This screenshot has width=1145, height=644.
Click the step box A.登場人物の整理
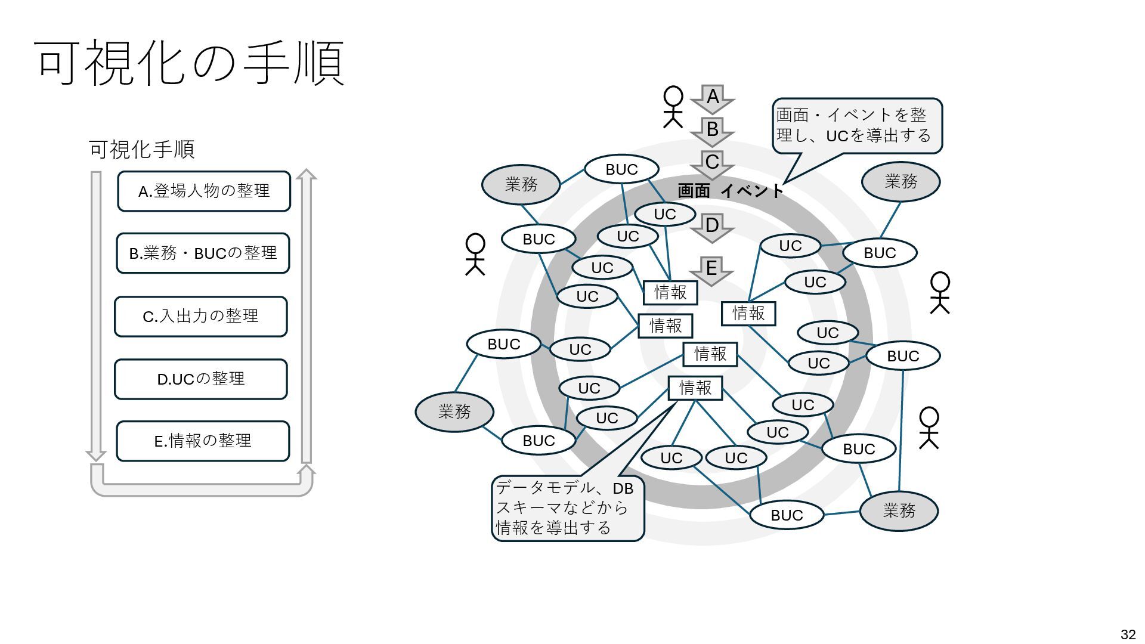coord(204,191)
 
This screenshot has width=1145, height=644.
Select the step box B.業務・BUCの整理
coord(203,253)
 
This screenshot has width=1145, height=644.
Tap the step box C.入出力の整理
coord(200,316)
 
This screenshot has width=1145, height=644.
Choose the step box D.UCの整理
coord(200,379)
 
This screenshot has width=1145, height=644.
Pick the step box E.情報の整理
coord(203,441)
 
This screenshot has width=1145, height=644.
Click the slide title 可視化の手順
coord(190,63)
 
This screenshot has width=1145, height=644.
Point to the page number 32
coord(1128,634)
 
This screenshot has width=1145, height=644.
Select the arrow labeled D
coord(712,227)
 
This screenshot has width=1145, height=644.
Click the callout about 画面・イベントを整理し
coord(856,126)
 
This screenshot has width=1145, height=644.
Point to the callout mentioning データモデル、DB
coord(567,508)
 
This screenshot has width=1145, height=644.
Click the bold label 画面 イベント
coord(731,191)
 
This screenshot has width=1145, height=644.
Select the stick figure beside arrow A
coord(673,107)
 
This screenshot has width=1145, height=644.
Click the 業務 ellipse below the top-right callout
coord(900,181)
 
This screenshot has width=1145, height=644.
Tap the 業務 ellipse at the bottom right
coord(899,510)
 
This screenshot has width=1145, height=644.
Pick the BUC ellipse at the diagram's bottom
coord(787,515)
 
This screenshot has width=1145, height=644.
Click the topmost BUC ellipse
coord(621,170)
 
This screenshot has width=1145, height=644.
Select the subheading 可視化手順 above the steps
coord(142,150)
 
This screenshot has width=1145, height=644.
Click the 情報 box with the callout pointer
coord(695,388)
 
